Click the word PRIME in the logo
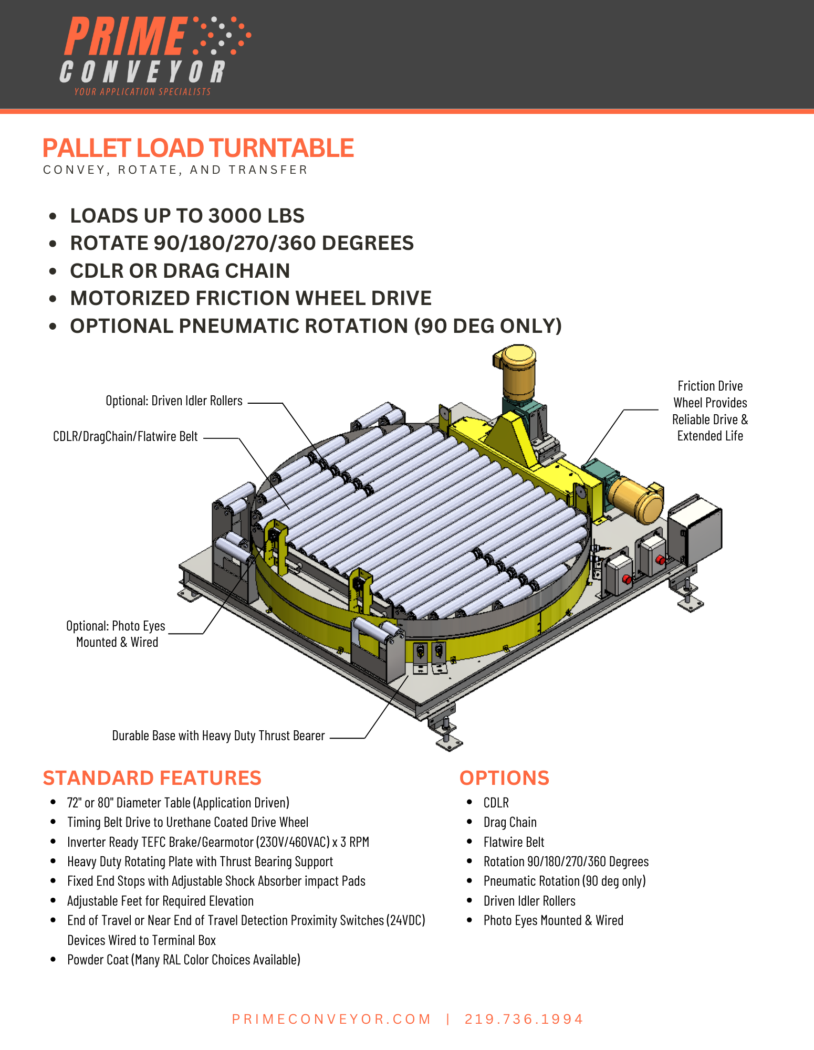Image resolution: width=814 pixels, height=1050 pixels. pyautogui.click(x=125, y=36)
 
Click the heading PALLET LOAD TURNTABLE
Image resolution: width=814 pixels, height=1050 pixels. pyautogui.click(x=198, y=148)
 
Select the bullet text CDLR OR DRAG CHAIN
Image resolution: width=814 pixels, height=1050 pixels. pyautogui.click(x=180, y=271)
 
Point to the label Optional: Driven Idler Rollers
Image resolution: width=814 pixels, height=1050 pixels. pyautogui.click(x=174, y=401)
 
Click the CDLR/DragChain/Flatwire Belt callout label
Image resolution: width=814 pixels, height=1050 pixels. pyautogui.click(x=125, y=437)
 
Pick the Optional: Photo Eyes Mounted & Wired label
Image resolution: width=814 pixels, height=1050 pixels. pyautogui.click(x=116, y=634)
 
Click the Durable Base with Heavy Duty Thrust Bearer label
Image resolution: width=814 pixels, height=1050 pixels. pyautogui.click(x=218, y=736)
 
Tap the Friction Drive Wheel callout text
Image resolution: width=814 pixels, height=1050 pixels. pyautogui.click(x=710, y=411)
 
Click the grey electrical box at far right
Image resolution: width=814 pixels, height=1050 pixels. pyautogui.click(x=696, y=531)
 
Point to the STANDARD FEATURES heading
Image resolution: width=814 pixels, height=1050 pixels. pyautogui.click(x=152, y=778)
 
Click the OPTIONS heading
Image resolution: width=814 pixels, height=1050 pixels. pyautogui.click(x=504, y=778)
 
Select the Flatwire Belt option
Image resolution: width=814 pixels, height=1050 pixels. pyautogui.click(x=514, y=842)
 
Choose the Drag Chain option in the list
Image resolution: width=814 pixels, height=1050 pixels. pyautogui.click(x=510, y=822)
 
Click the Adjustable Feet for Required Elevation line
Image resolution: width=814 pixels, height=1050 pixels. pyautogui.click(x=160, y=901)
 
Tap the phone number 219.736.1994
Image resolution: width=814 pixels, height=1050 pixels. pyautogui.click(x=524, y=1019)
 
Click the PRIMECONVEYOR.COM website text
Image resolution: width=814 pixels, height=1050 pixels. pyautogui.click(x=331, y=1019)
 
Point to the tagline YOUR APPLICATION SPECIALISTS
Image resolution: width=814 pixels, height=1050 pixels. pyautogui.click(x=142, y=92)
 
